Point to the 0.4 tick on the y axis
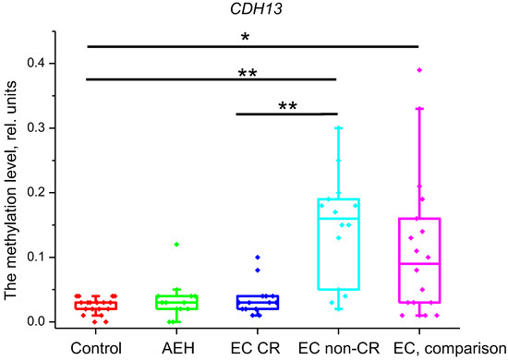coord(40,63)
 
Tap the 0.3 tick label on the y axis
coord(40,127)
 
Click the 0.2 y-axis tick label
coord(40,192)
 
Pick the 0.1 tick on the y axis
coord(40,257)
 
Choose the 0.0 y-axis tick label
coord(40,321)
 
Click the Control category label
coord(96,347)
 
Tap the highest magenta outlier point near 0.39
coord(419,70)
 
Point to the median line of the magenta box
coord(417,264)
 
